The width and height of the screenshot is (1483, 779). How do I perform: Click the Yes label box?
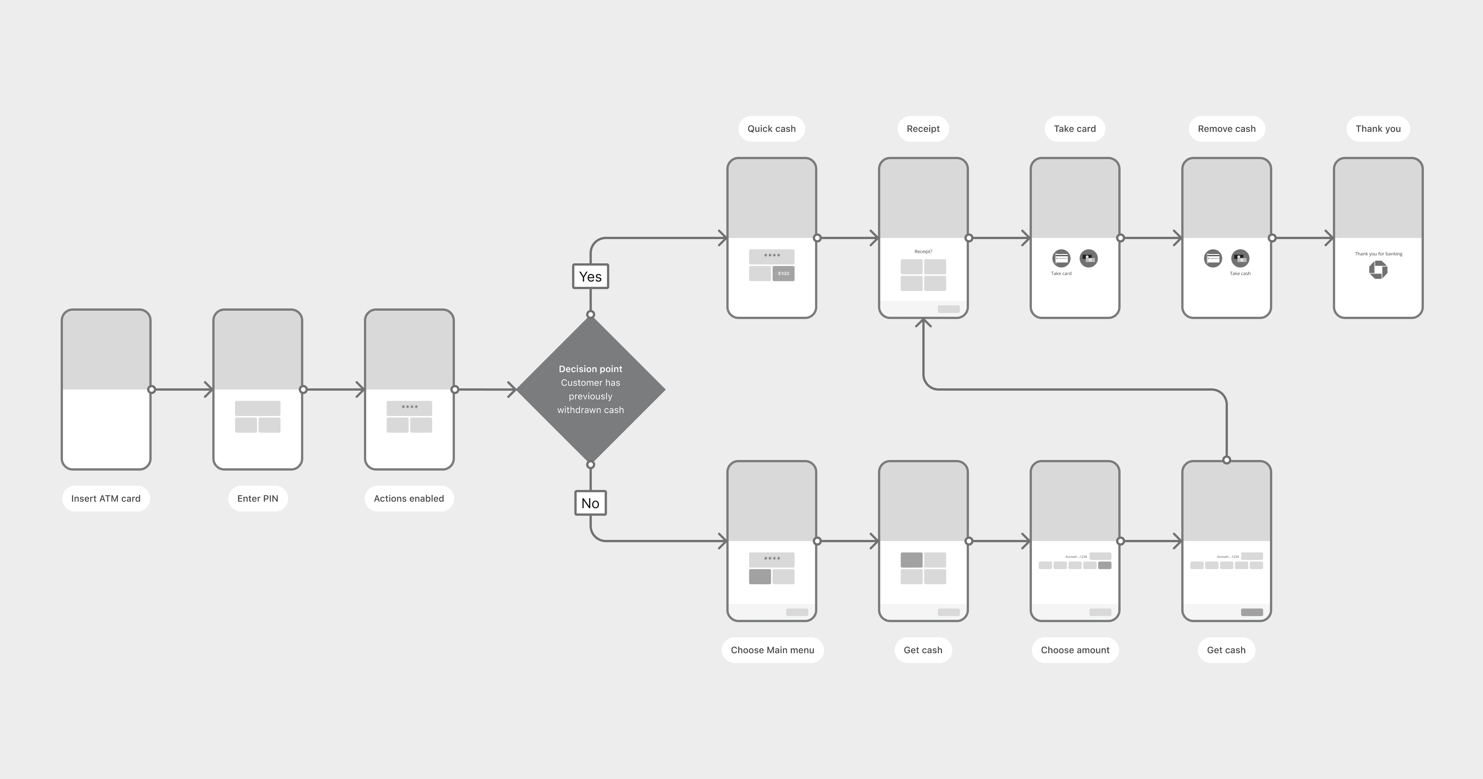590,276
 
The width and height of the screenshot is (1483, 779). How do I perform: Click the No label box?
590,503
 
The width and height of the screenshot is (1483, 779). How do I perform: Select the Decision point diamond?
590,389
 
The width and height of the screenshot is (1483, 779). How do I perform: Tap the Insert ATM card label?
106,498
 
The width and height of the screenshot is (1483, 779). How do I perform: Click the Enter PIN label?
257,498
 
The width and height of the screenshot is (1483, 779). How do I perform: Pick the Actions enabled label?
409,498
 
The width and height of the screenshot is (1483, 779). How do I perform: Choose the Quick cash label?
771,128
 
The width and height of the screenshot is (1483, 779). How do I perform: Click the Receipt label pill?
923,128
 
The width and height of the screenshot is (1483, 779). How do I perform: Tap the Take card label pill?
1074,128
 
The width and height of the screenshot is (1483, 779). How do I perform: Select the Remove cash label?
1226,128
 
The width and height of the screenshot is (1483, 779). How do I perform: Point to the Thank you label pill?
1378,128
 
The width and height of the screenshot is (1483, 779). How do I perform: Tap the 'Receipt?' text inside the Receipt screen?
923,252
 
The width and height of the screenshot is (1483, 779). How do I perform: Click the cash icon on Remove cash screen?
1240,258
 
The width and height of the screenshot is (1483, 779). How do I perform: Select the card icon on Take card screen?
1061,258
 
